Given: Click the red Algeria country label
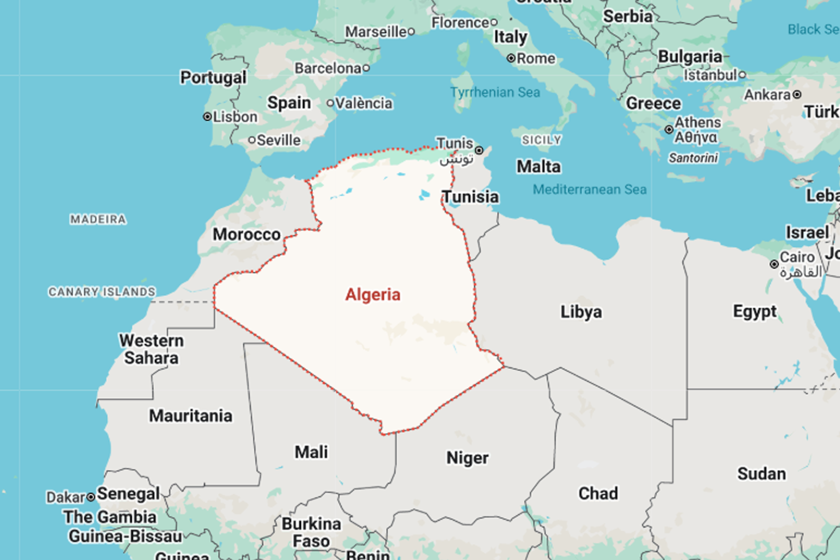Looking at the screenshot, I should point(372,295).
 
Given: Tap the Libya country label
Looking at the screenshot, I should point(581,312).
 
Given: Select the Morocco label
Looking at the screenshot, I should point(246,235).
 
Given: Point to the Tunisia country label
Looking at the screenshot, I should point(471,197).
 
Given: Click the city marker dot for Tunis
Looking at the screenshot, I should point(479,150).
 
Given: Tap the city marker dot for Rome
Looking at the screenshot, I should point(511,59).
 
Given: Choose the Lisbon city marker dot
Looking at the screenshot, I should point(207,117).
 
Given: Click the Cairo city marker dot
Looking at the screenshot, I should point(774,264).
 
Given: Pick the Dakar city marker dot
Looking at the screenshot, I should point(91,497).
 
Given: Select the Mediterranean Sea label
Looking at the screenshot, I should point(590,190).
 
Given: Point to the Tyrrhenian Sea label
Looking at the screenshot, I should point(495,92).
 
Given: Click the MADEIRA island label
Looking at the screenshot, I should point(98,219).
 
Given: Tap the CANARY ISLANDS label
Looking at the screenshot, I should point(102,292).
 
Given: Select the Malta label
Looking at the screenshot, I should point(539,166).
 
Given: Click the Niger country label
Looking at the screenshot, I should point(467,458).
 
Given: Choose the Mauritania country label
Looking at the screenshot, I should point(190,416).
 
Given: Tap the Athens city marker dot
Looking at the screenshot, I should point(669,130).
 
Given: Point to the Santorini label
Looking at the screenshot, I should point(693,158).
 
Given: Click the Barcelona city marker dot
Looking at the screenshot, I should point(366,68).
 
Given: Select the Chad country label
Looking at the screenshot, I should point(598,493).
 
